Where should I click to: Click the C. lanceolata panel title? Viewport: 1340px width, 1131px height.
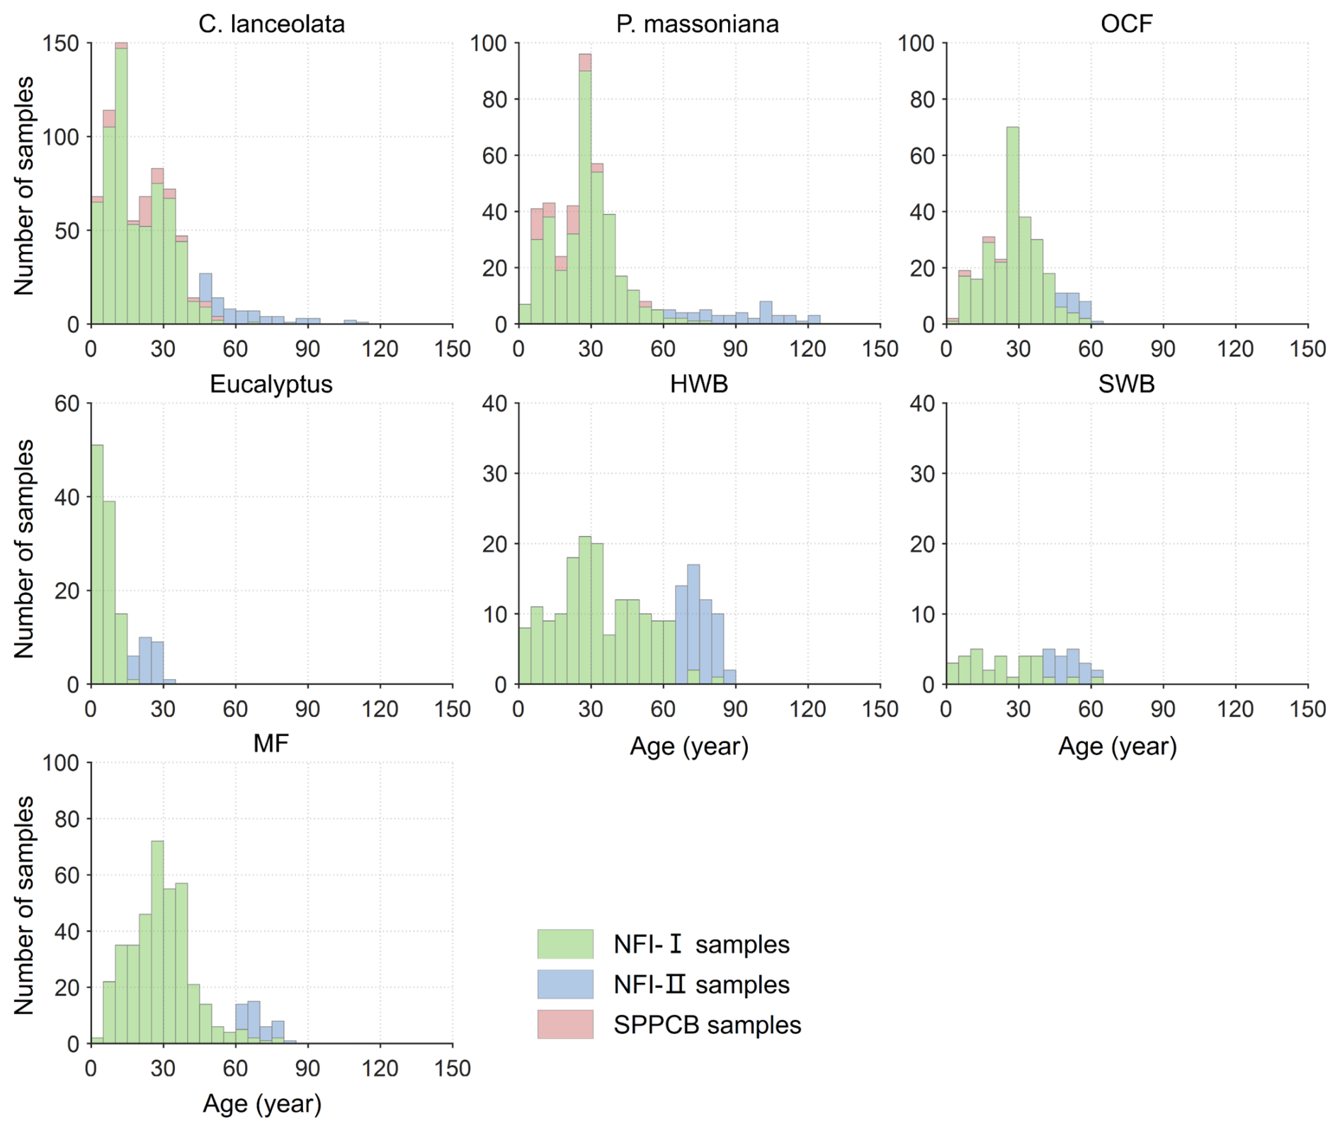pyautogui.click(x=271, y=24)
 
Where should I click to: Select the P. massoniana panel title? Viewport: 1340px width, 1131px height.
pyautogui.click(x=697, y=24)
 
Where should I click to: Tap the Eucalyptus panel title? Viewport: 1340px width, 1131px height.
pyautogui.click(x=271, y=384)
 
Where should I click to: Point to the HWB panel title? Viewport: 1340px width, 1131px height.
pyautogui.click(x=699, y=384)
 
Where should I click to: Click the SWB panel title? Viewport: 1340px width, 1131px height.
pyautogui.click(x=1126, y=384)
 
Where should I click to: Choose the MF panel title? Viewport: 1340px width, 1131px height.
pyautogui.click(x=271, y=743)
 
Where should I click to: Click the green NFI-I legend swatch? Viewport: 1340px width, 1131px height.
pyautogui.click(x=564, y=944)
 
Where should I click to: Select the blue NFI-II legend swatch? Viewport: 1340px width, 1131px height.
pyautogui.click(x=564, y=984)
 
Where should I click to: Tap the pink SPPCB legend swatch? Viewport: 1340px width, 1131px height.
pyautogui.click(x=564, y=1024)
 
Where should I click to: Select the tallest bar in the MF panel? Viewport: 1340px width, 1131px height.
pyautogui.click(x=157, y=942)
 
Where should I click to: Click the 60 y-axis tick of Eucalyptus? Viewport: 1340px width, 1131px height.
pyautogui.click(x=67, y=404)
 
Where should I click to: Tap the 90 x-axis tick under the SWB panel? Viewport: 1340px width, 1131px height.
pyautogui.click(x=1163, y=708)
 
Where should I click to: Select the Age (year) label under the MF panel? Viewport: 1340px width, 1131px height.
pyautogui.click(x=262, y=1103)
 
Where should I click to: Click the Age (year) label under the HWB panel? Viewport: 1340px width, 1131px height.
pyautogui.click(x=689, y=746)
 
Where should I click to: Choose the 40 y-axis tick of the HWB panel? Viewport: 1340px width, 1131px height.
pyautogui.click(x=494, y=404)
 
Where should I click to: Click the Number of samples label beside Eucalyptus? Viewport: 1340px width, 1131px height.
pyautogui.click(x=24, y=549)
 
